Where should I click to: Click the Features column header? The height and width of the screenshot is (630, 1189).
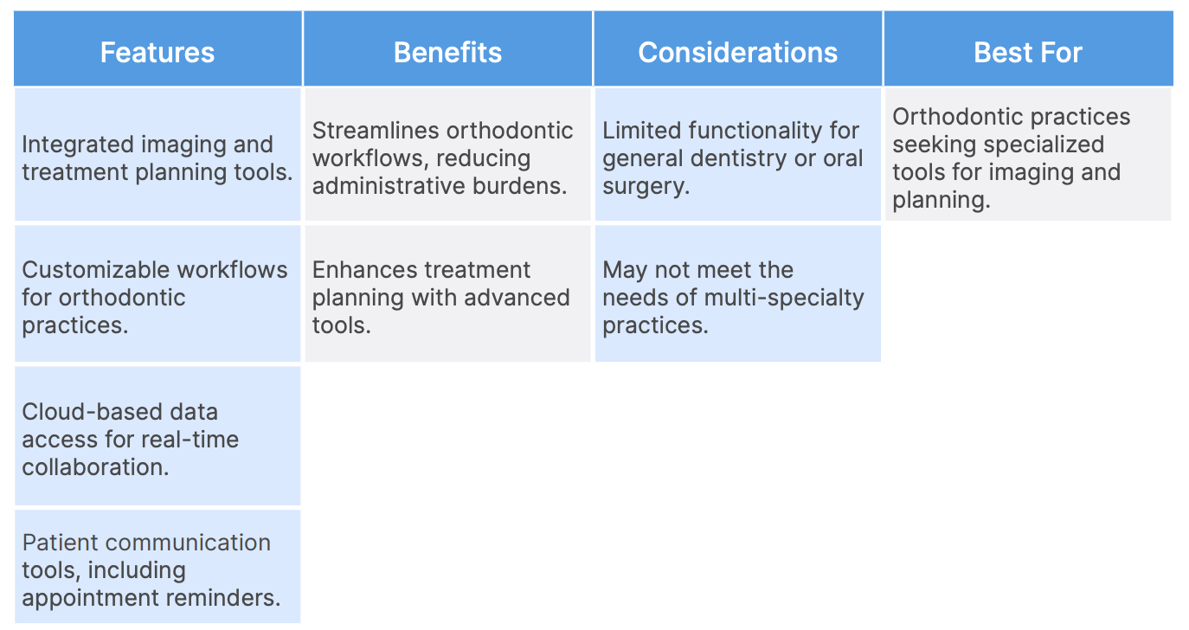[157, 52]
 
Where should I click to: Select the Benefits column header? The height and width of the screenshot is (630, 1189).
[447, 52]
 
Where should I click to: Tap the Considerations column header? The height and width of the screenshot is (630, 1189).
[738, 52]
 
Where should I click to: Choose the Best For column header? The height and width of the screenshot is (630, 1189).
[1028, 52]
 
